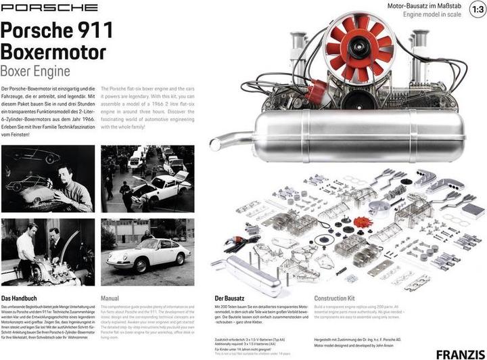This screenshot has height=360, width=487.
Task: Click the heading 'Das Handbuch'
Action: tap(24, 298)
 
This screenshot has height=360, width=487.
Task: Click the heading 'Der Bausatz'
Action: tap(229, 298)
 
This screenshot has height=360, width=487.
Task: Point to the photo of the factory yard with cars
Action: tap(147, 179)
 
